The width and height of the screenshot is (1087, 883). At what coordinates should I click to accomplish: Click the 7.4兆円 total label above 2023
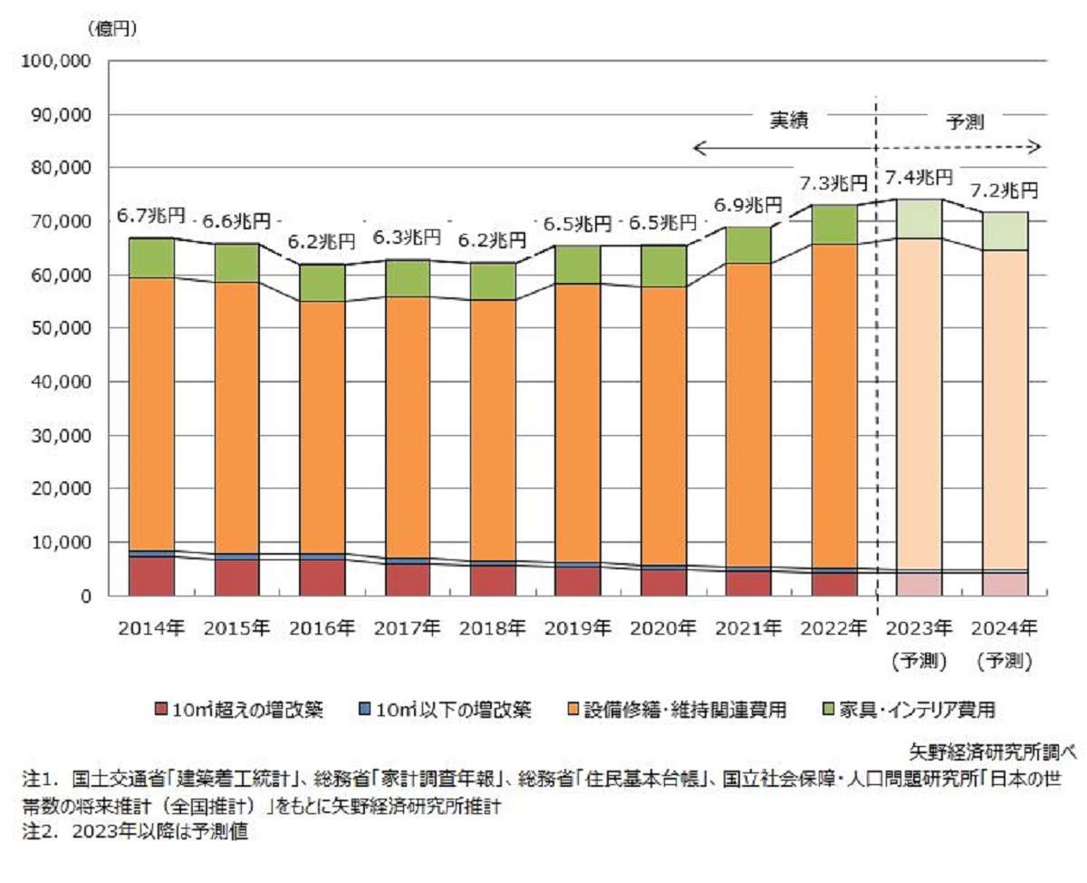pos(919,177)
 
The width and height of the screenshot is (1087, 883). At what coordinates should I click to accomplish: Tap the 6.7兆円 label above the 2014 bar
pos(151,216)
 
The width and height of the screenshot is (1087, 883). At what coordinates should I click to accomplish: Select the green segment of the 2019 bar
pos(577,264)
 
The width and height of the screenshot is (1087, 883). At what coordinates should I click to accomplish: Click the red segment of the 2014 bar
pos(151,576)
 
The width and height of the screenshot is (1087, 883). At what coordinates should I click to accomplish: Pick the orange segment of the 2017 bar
pos(407,426)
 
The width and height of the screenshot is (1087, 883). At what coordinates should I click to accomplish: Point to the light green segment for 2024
pos(1004,230)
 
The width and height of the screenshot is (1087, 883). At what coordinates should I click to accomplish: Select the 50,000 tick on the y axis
pos(57,328)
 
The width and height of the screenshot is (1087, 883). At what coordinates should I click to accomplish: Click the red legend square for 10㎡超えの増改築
pos(162,708)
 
